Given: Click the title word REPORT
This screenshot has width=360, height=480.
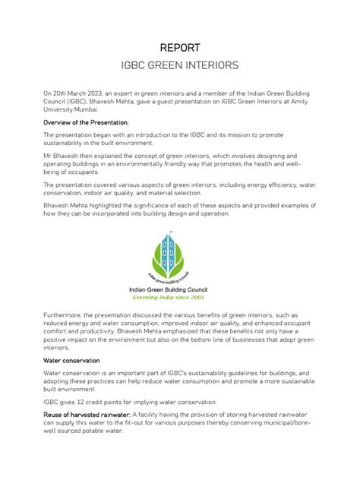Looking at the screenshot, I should coord(179,48).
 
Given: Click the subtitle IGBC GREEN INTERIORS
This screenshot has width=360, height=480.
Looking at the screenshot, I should coord(179,67).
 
